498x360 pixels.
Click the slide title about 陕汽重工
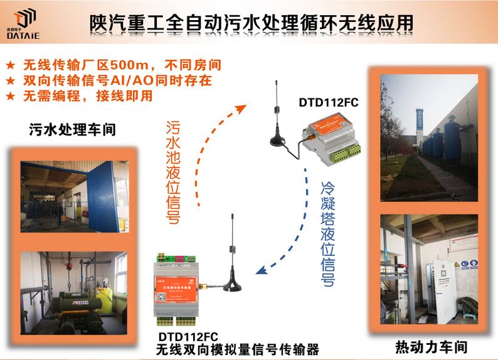pos(251,23)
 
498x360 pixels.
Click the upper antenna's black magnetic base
pos(278,140)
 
